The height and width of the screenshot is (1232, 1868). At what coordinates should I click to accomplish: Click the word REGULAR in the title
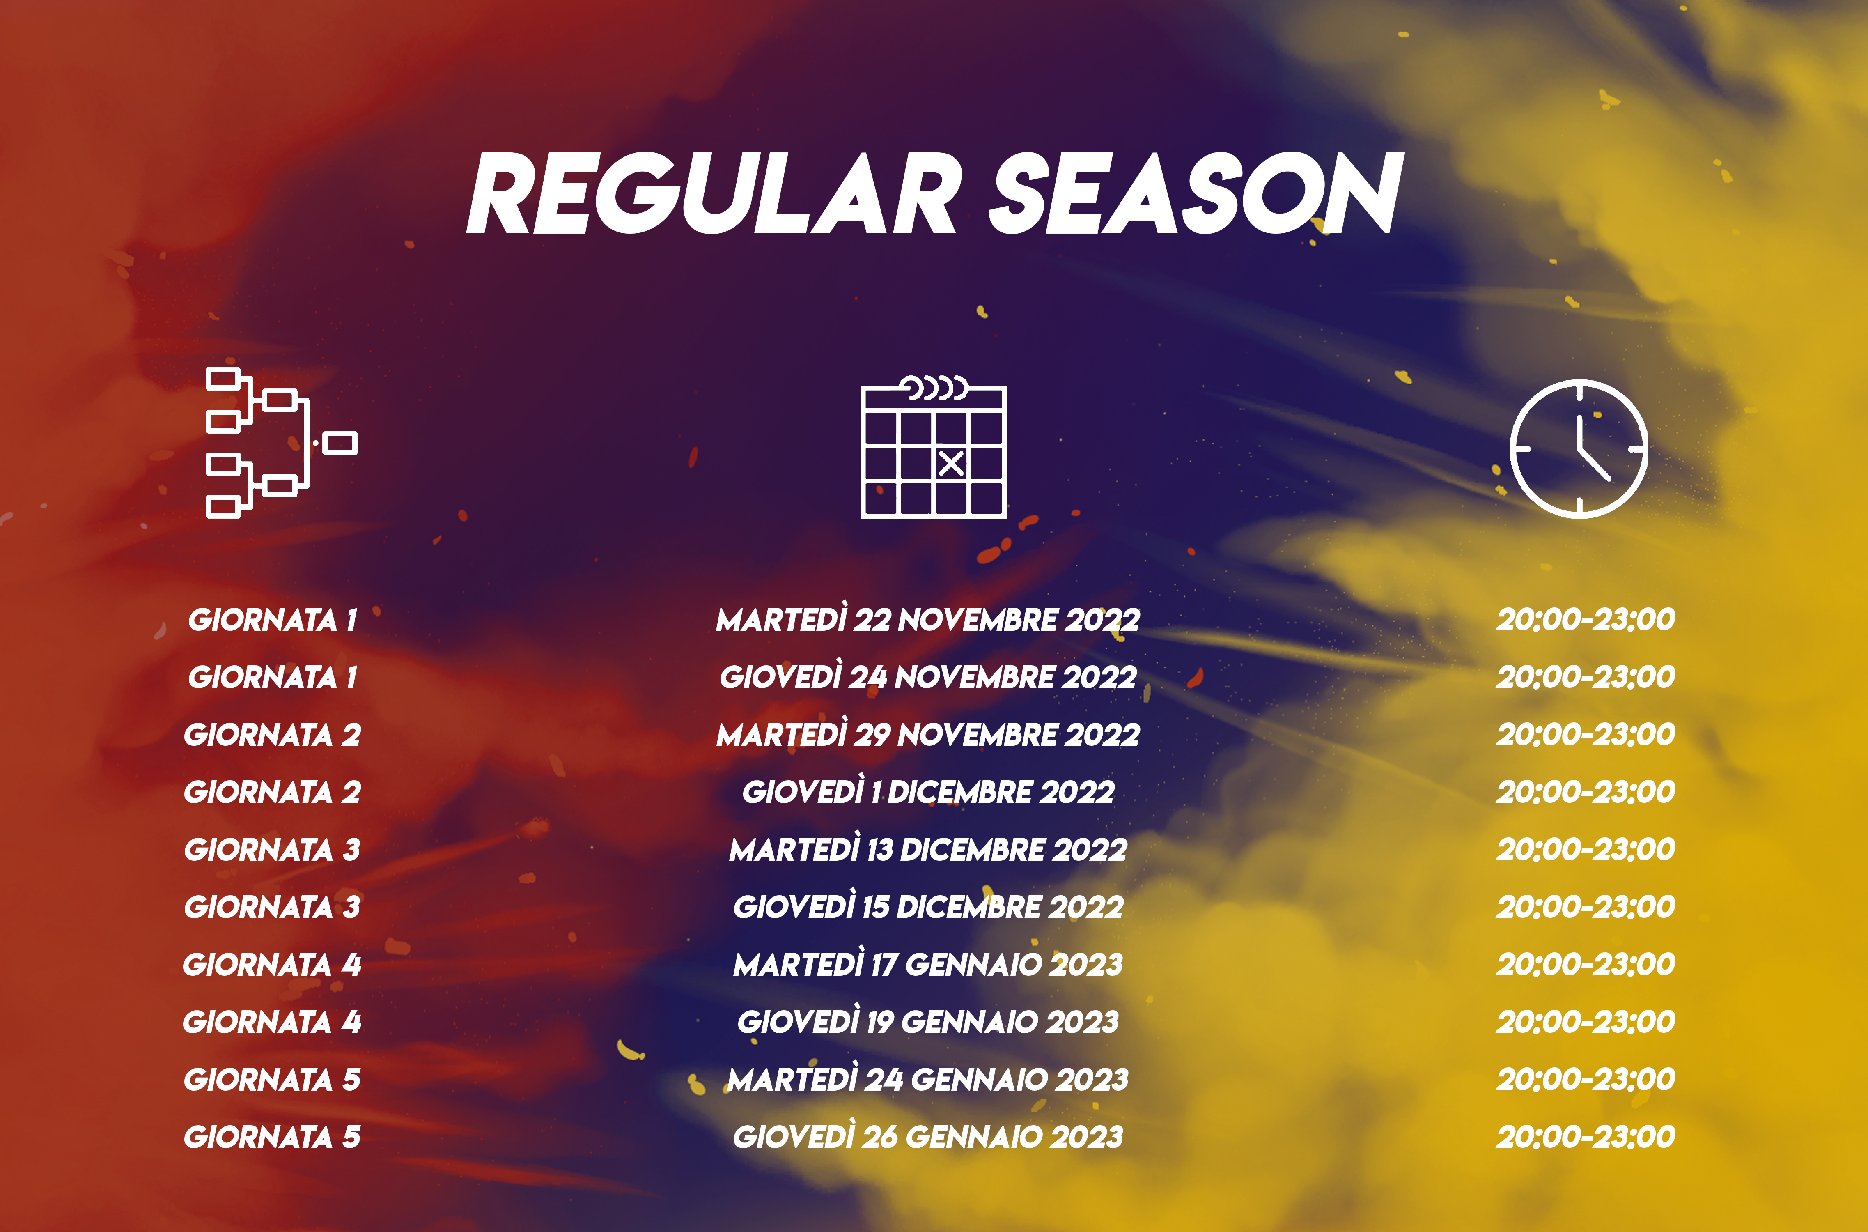[x=715, y=193]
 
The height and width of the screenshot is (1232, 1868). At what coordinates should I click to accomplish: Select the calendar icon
[x=934, y=448]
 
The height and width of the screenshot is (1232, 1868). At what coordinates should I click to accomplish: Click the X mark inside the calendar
[x=951, y=464]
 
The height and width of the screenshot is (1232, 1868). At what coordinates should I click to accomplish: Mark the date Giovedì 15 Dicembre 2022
[x=928, y=906]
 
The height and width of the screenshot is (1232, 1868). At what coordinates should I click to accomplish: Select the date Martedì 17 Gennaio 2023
[x=928, y=963]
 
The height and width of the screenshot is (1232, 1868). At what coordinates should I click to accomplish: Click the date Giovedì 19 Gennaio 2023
[x=928, y=1021]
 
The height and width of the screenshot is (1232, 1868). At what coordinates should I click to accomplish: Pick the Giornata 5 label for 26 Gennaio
[x=272, y=1137]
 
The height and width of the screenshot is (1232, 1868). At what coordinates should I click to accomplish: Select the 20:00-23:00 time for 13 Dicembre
[x=1585, y=848]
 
